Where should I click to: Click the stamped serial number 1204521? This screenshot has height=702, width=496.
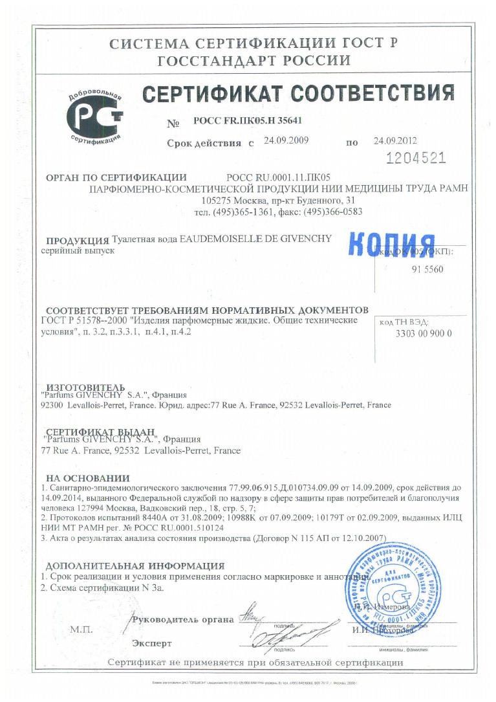pyautogui.click(x=415, y=159)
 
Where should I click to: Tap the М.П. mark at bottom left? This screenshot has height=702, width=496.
pyautogui.click(x=81, y=628)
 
